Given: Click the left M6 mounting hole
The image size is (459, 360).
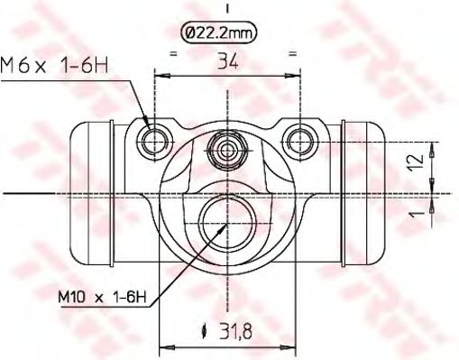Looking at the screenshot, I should (x=157, y=138).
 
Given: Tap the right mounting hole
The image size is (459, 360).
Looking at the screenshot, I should (x=298, y=138).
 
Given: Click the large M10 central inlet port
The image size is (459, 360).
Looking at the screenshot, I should (x=226, y=216).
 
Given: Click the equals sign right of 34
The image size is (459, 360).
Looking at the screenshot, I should (x=292, y=54).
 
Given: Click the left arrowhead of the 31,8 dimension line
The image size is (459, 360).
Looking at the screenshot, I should (x=164, y=345).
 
